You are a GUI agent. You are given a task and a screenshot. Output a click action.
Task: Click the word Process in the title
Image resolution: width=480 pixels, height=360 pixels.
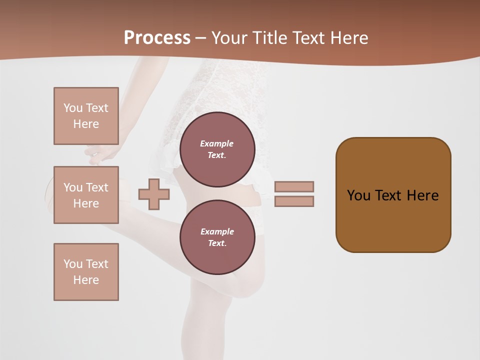pyautogui.click(x=157, y=38)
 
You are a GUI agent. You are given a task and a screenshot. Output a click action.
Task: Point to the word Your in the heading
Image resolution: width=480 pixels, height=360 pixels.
pyautogui.click(x=230, y=38)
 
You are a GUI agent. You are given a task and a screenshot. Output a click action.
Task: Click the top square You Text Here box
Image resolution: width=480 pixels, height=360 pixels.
pyautogui.click(x=86, y=116)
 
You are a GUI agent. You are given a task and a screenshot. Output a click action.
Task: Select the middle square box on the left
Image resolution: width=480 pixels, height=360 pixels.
pyautogui.click(x=86, y=195)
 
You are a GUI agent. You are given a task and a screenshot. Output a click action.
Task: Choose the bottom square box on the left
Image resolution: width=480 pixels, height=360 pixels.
pyautogui.click(x=86, y=272)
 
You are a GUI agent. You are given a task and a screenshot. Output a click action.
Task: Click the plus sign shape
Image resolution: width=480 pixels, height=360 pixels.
pyautogui.click(x=154, y=194)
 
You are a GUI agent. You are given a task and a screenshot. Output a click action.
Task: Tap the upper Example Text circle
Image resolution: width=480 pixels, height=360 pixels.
pyautogui.click(x=217, y=149)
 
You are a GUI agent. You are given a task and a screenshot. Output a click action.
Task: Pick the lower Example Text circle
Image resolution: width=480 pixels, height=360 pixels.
pyautogui.click(x=217, y=237)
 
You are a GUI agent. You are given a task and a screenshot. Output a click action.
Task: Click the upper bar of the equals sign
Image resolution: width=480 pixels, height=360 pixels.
pyautogui.click(x=294, y=186)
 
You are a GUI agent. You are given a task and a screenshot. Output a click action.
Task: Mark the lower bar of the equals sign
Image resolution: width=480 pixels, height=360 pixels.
pyautogui.click(x=294, y=201)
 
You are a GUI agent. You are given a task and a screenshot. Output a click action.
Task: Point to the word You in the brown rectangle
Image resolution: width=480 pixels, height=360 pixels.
pyautogui.click(x=358, y=195)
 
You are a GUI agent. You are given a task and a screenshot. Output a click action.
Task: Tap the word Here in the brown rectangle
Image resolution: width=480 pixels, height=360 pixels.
pyautogui.click(x=422, y=195)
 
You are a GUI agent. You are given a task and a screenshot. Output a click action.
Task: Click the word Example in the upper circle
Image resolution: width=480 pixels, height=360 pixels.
pyautogui.click(x=217, y=143)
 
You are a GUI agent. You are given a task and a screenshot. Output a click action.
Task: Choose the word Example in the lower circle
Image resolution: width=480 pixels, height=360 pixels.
pyautogui.click(x=217, y=231)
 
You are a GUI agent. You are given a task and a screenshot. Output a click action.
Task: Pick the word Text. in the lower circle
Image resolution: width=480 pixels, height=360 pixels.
pyautogui.click(x=217, y=243)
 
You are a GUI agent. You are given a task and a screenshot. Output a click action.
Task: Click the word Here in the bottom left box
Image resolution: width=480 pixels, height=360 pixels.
pyautogui.click(x=86, y=280)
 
